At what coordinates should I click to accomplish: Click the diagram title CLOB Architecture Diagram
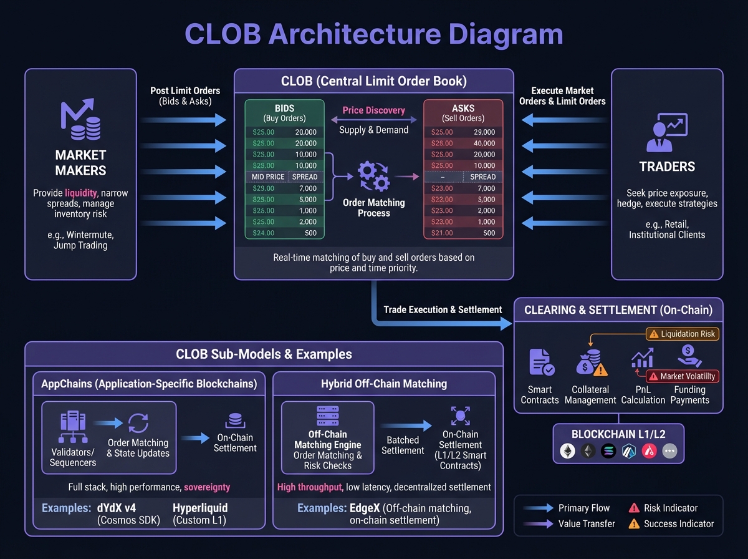pyautogui.click(x=374, y=34)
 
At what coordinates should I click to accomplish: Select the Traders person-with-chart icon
pyautogui.click(x=667, y=133)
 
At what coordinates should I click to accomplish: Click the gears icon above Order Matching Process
pyautogui.click(x=373, y=176)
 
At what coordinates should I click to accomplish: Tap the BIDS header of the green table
pyautogui.click(x=284, y=109)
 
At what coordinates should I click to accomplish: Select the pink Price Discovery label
pyautogui.click(x=374, y=110)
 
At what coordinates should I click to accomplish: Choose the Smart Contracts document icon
pyautogui.click(x=540, y=362)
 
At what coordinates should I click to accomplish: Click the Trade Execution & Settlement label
pyautogui.click(x=443, y=309)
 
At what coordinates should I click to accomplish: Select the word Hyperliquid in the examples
pyautogui.click(x=200, y=508)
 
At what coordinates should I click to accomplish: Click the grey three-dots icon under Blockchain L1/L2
pyautogui.click(x=669, y=451)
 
